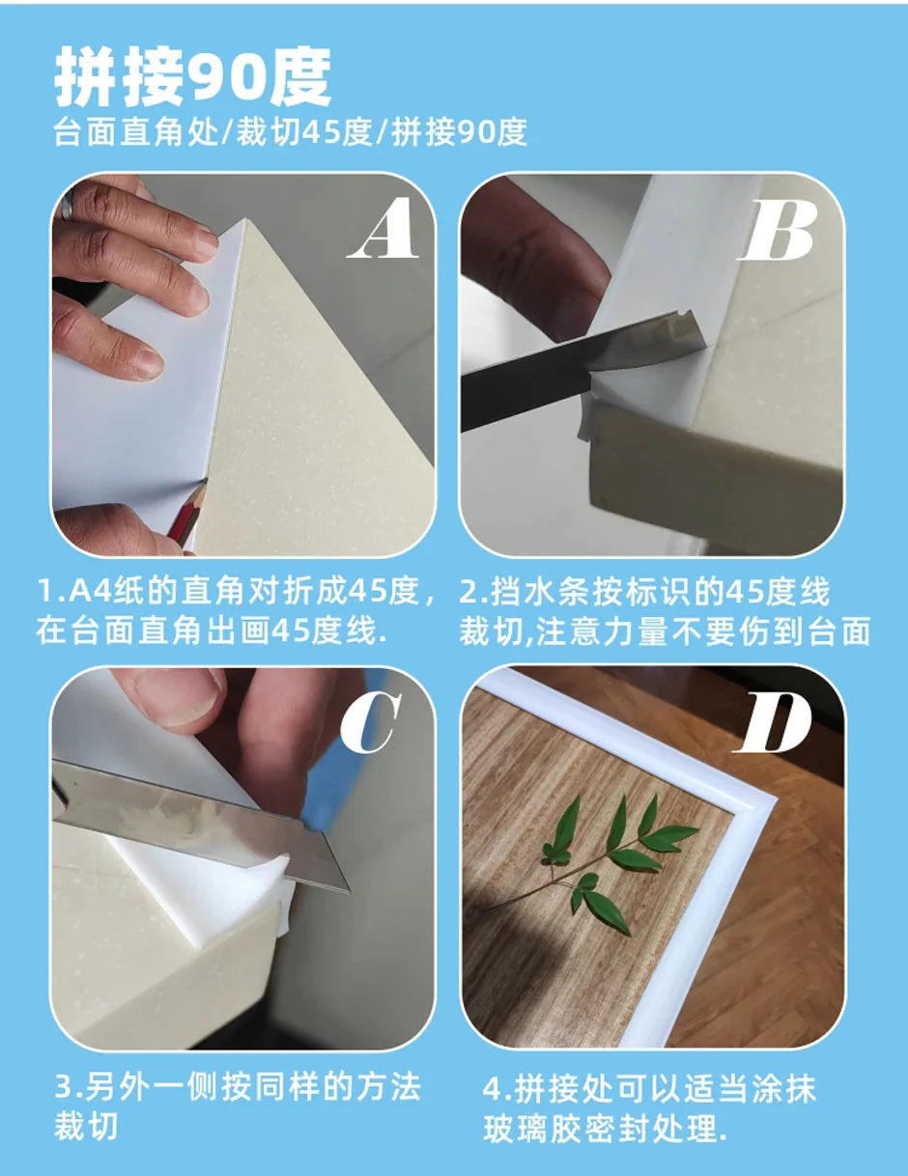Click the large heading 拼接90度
(x=193, y=77)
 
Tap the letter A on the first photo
(x=383, y=229)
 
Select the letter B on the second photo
(x=779, y=230)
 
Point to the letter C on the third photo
(x=371, y=722)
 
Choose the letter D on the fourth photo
(x=773, y=722)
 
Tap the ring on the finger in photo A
(x=68, y=207)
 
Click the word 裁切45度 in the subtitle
(x=304, y=132)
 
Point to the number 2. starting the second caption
(x=472, y=592)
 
